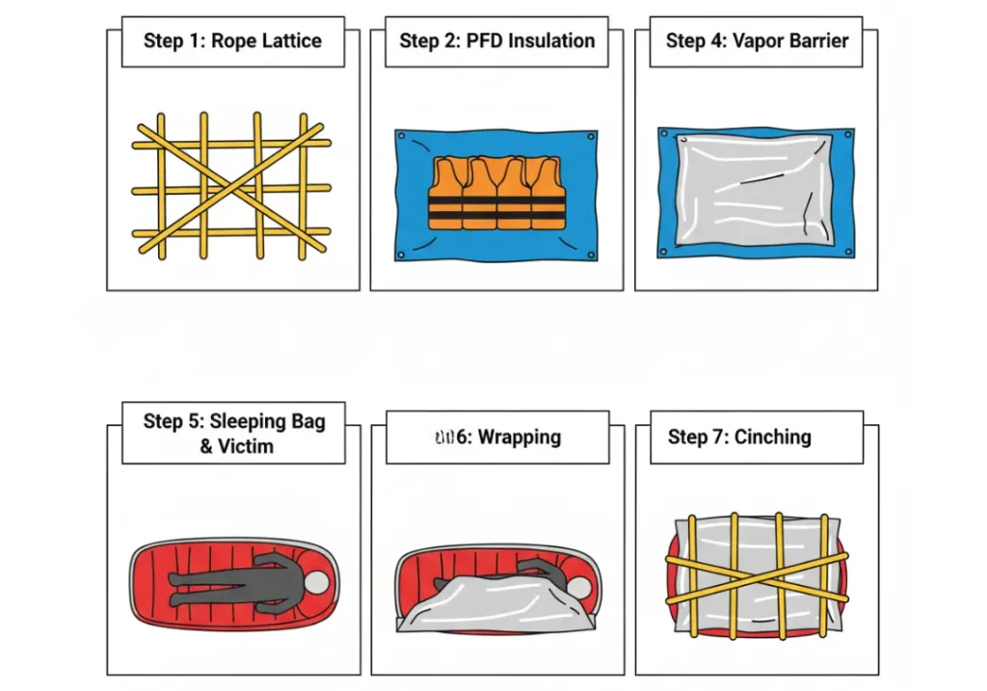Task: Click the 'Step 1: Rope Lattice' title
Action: point(232,40)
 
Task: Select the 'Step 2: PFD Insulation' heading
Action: point(496,40)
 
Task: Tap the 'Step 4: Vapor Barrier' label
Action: point(757,40)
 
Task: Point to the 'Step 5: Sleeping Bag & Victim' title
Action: point(234,434)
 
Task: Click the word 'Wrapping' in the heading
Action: point(520,437)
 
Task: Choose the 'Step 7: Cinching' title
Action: point(739,437)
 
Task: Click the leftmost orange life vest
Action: point(446,194)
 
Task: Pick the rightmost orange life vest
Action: point(547,194)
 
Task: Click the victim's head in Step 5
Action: point(316,583)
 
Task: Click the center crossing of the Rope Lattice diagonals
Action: point(230,187)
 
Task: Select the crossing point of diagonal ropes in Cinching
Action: point(755,575)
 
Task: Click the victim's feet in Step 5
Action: point(175,580)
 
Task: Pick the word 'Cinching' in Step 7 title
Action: point(772,437)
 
